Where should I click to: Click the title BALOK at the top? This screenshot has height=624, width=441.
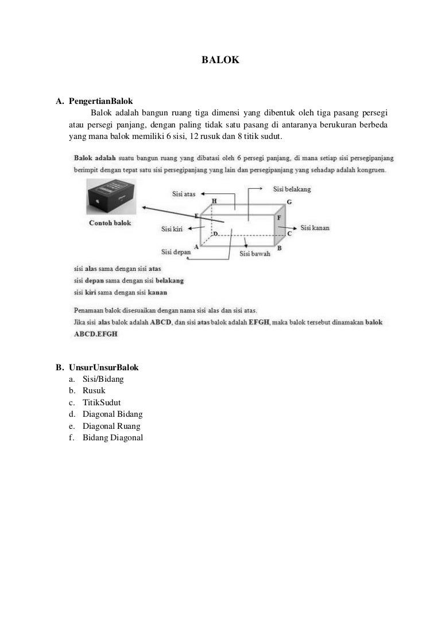tap(220, 59)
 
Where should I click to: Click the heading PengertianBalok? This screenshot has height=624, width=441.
tap(101, 101)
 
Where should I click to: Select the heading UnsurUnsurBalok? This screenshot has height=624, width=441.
tap(104, 367)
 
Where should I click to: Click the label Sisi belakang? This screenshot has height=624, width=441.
tap(292, 189)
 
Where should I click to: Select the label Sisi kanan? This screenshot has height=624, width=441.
tap(315, 228)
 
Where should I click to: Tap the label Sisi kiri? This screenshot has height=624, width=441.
tap(172, 229)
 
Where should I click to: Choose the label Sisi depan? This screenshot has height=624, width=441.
tap(176, 251)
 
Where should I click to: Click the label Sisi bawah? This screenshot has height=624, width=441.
tap(254, 253)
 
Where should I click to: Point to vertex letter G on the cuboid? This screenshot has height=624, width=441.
tap(289, 202)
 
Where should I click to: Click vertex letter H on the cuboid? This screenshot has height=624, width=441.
tap(214, 201)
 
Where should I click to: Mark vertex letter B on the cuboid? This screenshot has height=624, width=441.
tap(279, 248)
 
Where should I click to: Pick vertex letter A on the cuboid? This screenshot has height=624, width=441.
tap(196, 246)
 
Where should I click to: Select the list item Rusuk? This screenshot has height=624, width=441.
tap(94, 391)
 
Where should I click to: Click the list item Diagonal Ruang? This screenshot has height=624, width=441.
tap(111, 426)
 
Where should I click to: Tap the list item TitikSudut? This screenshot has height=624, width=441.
tap(102, 402)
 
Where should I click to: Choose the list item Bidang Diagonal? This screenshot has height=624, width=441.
tap(113, 438)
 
